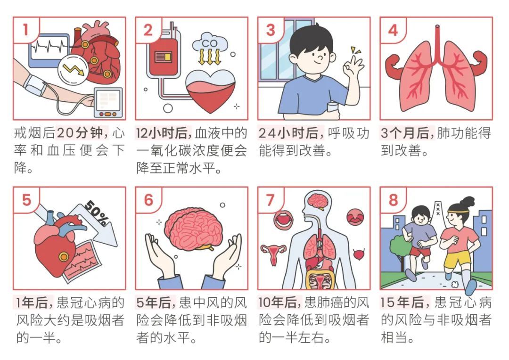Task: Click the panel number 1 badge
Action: pos(25,30)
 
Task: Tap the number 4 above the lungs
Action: pos(393,30)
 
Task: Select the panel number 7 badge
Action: pos(271,200)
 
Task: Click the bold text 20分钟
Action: pos(80,133)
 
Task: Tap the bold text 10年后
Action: pos(278,303)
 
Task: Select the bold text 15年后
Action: pos(402,303)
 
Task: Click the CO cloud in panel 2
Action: pos(210,42)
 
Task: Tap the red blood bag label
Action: pos(163,57)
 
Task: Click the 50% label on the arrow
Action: pos(96,213)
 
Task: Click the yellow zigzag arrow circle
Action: pos(74,69)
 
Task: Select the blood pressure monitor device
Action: pos(108,102)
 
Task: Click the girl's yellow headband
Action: pos(458,211)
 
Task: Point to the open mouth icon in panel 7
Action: pos(284,220)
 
